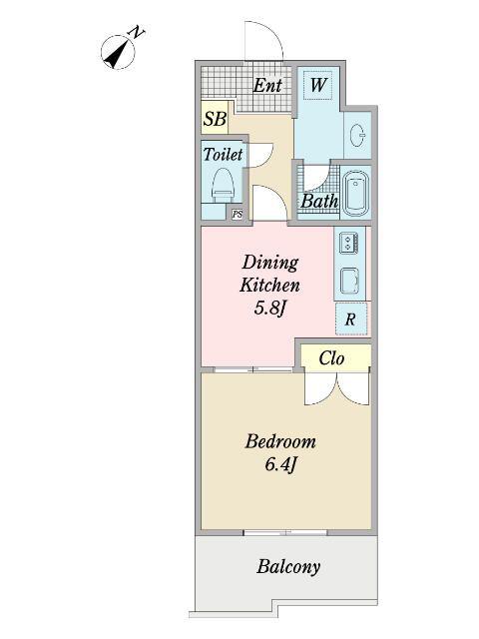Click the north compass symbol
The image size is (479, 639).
coord(118,52)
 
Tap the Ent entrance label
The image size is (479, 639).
coord(267,86)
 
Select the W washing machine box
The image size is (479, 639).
coord(318,85)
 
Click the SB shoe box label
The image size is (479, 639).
coord(215,119)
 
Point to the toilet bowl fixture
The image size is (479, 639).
coord(223,185)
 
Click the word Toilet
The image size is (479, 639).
coord(223,154)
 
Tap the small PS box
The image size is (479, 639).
coord(238,215)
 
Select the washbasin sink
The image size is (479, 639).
coord(358,135)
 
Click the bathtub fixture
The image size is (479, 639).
coord(356,193)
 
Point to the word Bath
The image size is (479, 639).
coord(319,202)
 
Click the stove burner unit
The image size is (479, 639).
coord(349,243)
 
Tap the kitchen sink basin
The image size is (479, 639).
coord(349,280)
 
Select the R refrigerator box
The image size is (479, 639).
coord(351,319)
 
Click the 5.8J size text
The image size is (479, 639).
coord(268,309)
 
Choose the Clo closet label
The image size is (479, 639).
coord(331,358)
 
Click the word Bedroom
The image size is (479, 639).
coord(280,441)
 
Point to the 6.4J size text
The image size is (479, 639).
coord(280,464)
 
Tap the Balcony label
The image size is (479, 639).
coord(288,567)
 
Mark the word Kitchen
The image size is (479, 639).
coord(269,286)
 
